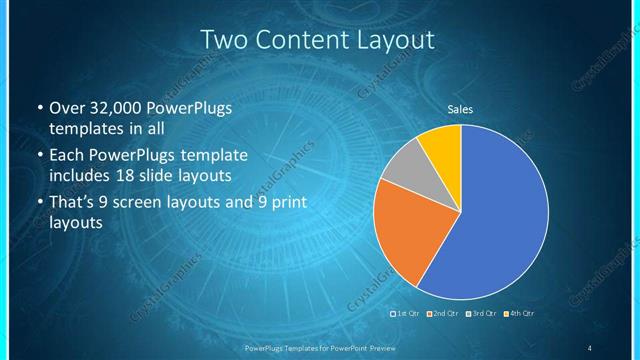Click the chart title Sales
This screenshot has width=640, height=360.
click(460, 110)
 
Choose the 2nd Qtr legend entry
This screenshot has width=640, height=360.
click(443, 314)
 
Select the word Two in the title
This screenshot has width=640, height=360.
click(223, 40)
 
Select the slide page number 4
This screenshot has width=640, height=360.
click(590, 348)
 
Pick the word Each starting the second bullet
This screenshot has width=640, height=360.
click(67, 156)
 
